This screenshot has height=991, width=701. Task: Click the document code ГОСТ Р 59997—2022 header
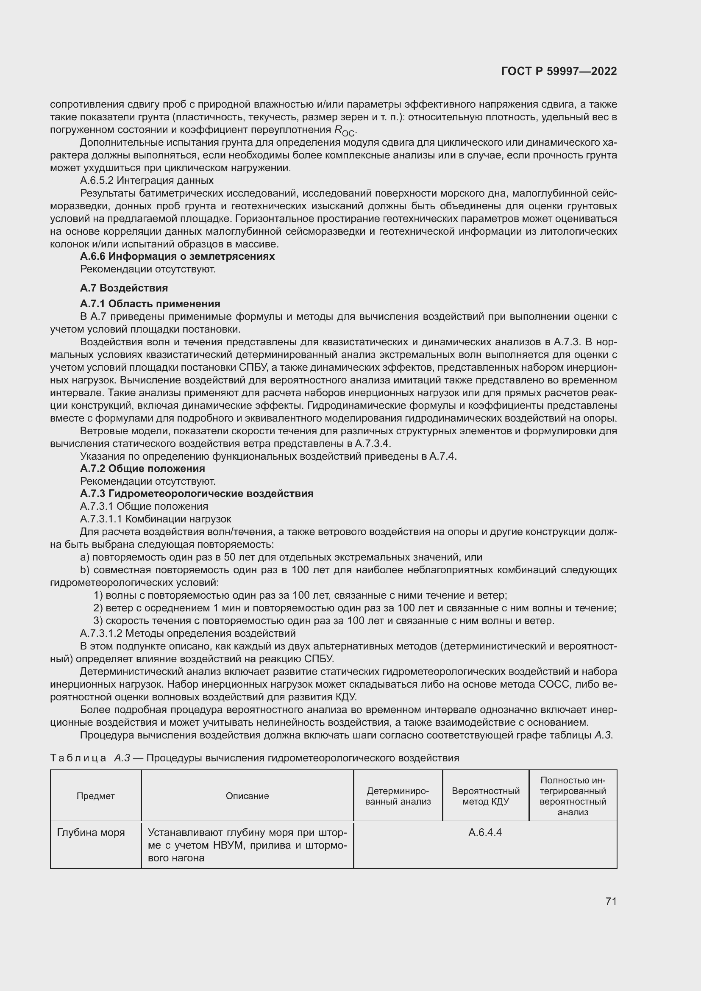[x=559, y=72]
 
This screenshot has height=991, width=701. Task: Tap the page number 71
[x=611, y=902]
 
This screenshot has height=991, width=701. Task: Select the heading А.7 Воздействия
[x=124, y=288]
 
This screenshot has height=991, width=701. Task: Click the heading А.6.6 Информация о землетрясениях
[x=177, y=256]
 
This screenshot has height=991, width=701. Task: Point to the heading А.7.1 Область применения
[x=150, y=304]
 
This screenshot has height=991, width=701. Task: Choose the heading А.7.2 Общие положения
[x=142, y=468]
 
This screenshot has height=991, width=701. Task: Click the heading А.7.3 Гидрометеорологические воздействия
[x=196, y=494]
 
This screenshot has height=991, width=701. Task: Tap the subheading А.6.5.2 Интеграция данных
[x=146, y=180]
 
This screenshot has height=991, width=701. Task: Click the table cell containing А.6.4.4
[x=485, y=833]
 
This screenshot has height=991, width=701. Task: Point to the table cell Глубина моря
[x=91, y=833]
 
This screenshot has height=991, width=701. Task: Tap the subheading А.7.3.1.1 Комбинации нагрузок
[x=156, y=519]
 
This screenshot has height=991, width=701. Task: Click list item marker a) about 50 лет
[x=85, y=557]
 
